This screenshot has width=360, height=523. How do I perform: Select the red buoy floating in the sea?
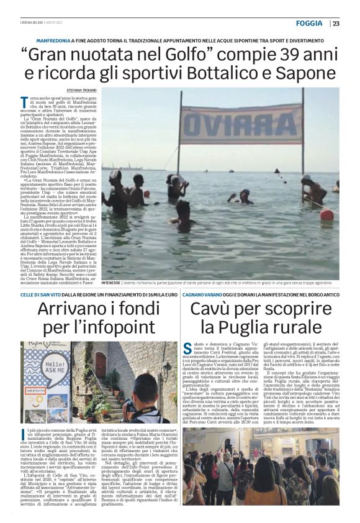tap(327, 214)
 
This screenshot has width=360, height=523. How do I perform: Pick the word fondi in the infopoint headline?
tap(127, 307)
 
